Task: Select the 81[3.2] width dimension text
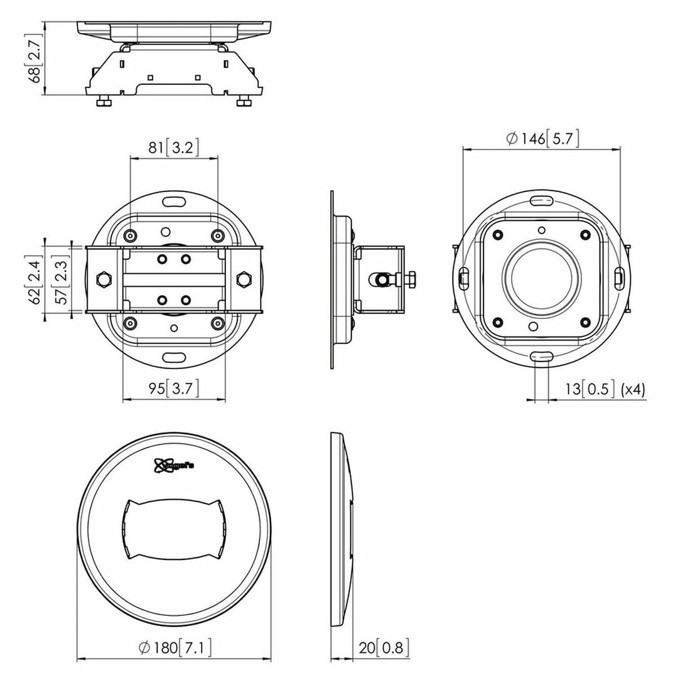[174, 148]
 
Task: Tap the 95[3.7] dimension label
[174, 389]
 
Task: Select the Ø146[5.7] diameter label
[542, 138]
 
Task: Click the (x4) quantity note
[632, 389]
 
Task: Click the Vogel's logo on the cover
[173, 465]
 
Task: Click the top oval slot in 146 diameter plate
[541, 200]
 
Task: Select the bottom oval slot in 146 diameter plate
[541, 356]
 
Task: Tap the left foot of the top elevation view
[104, 101]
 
